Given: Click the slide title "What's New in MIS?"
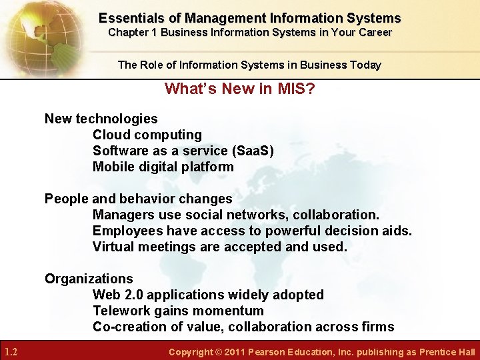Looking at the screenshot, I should point(239,89).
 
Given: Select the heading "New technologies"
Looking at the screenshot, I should point(101,119).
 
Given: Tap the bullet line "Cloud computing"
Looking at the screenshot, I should point(147,135).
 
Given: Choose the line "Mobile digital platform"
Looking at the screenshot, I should point(163,167).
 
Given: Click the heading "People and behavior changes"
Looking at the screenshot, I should point(138,199).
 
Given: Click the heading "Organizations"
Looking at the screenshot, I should point(89,279).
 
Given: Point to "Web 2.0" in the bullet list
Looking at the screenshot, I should point(117,295).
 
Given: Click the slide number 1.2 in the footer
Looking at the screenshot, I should point(11,352).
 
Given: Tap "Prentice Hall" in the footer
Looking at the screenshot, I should point(447,352).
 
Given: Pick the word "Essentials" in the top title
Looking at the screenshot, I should point(131,18).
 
